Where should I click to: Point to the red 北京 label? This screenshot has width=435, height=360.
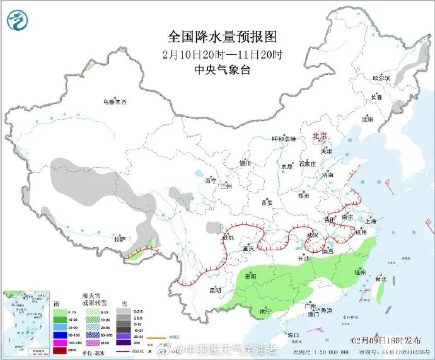tap(320, 136)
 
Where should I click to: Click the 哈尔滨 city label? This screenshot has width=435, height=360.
tap(381, 78)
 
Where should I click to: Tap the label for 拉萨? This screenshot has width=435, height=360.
tap(120, 239)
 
